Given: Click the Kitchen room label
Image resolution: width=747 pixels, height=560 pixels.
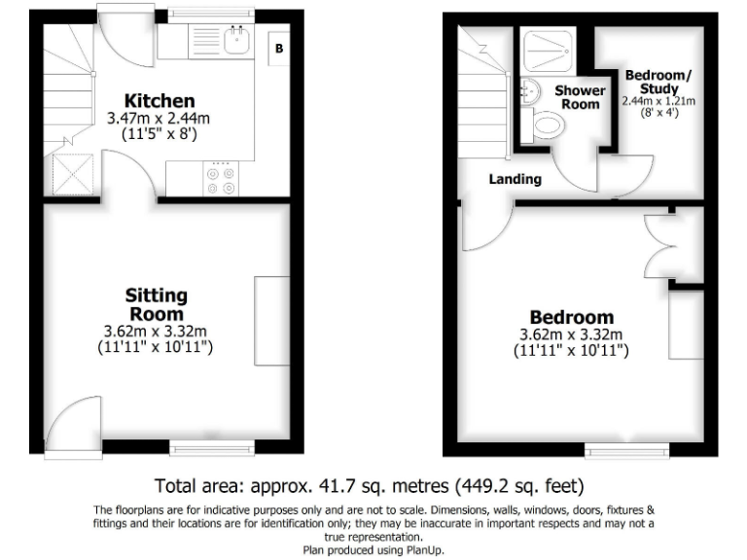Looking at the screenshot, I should click(160, 100).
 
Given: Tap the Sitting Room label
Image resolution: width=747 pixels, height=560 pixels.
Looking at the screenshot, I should click(156, 304).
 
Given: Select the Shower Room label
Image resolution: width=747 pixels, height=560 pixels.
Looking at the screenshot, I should click(580, 97).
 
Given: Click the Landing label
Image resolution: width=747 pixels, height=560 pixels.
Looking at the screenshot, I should click(515, 179).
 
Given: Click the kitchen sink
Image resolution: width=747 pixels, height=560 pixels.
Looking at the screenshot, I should click(235, 41).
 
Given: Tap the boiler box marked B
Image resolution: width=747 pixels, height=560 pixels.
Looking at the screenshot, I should click(279, 46).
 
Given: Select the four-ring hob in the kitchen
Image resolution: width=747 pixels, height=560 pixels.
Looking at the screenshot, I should click(221, 181).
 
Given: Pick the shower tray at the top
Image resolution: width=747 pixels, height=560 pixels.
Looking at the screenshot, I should click(551, 48).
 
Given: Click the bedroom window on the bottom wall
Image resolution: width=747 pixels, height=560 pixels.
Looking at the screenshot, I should click(627, 450).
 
